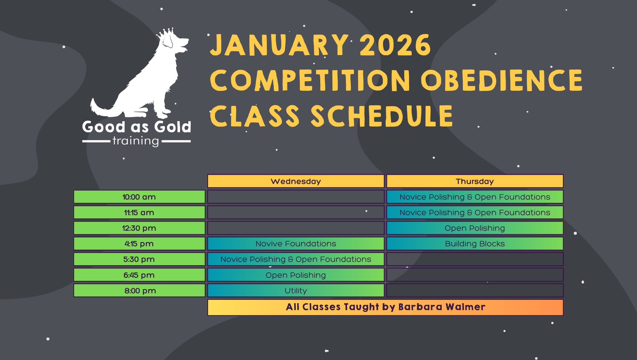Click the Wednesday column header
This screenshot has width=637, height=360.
[296, 181]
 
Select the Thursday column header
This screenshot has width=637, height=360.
[475, 181]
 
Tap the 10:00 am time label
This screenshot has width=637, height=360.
[139, 197]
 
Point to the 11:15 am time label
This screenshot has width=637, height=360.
[139, 212]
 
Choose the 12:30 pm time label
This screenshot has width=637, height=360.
[139, 228]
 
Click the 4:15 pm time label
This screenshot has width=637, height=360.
[139, 243]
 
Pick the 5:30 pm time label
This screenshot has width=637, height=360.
[139, 259]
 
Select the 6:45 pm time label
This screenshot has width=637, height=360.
[139, 275]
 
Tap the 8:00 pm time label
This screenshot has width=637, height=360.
[139, 290]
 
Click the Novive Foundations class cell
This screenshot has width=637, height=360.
[296, 243]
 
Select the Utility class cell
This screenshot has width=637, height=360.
[296, 290]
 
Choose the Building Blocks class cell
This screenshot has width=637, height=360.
[475, 243]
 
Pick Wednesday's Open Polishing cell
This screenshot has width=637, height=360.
[296, 275]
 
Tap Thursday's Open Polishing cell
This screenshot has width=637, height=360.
[475, 228]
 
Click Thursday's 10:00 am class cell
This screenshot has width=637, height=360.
[475, 197]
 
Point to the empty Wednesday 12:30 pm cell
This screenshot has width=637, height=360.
[296, 228]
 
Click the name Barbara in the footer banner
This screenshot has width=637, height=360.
[420, 307]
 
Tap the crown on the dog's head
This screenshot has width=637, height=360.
[166, 33]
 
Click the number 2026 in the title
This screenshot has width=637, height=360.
[395, 45]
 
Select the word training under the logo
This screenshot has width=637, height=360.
[136, 141]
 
